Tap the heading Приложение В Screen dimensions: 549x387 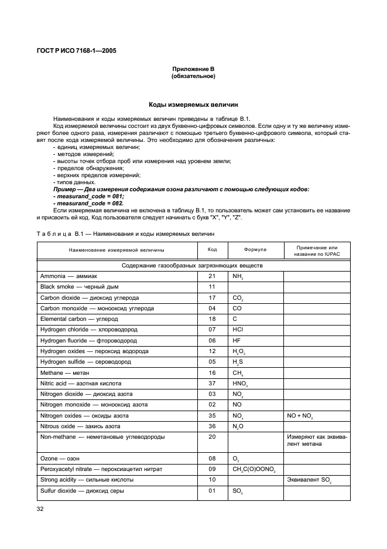click(x=193, y=70)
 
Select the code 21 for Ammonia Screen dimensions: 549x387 click(x=212, y=276)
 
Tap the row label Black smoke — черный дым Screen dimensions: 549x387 click(x=73, y=287)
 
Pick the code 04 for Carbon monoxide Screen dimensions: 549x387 click(x=212, y=309)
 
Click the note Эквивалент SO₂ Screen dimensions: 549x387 click(x=309, y=480)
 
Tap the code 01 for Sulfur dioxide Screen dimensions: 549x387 click(x=212, y=491)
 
